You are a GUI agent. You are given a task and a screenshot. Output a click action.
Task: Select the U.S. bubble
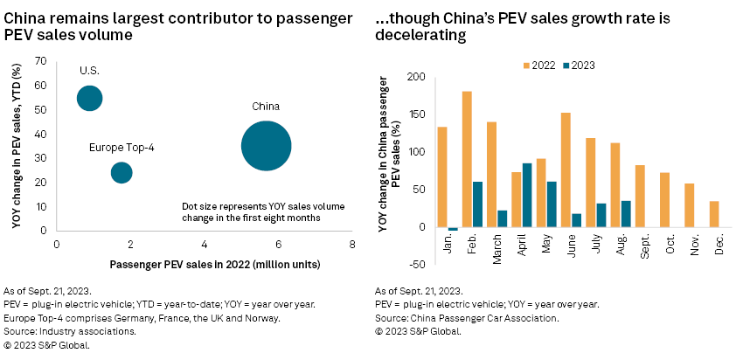click(x=89, y=98)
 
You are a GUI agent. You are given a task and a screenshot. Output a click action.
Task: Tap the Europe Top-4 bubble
click(x=122, y=172)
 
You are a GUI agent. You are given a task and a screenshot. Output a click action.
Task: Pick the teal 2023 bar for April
click(x=527, y=195)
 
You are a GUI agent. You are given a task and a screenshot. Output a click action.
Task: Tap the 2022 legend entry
click(x=538, y=65)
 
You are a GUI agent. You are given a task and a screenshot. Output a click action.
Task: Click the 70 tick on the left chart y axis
click(x=40, y=60)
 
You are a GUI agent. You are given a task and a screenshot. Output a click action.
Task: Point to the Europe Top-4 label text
click(x=122, y=148)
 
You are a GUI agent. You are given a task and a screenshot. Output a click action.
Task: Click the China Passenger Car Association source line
click(x=470, y=319)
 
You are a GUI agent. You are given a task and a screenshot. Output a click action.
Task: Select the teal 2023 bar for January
click(x=453, y=229)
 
